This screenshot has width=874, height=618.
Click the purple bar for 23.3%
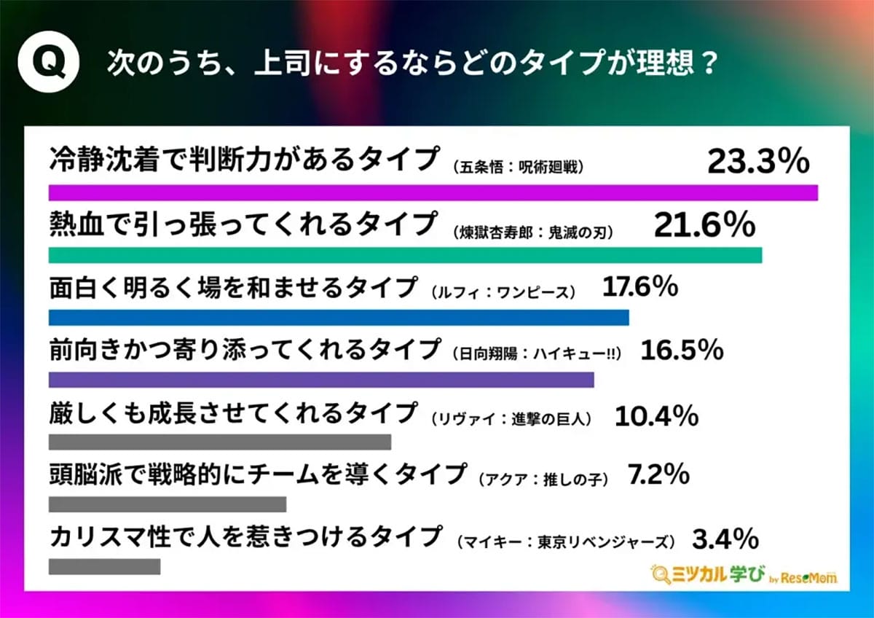(433, 192)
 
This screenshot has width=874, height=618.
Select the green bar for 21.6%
(405, 255)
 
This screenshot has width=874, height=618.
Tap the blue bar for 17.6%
(339, 318)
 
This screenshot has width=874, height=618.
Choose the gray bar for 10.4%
(220, 442)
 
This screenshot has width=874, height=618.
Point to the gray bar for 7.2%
(168, 504)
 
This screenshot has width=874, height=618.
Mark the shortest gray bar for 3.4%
(104, 566)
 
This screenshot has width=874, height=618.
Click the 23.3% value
(758, 161)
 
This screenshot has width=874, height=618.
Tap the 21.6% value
(704, 226)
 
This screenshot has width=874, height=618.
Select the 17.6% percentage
(640, 289)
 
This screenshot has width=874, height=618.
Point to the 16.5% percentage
(681, 351)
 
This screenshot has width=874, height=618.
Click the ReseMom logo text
(811, 577)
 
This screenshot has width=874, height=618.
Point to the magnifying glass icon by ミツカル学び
(662, 575)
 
